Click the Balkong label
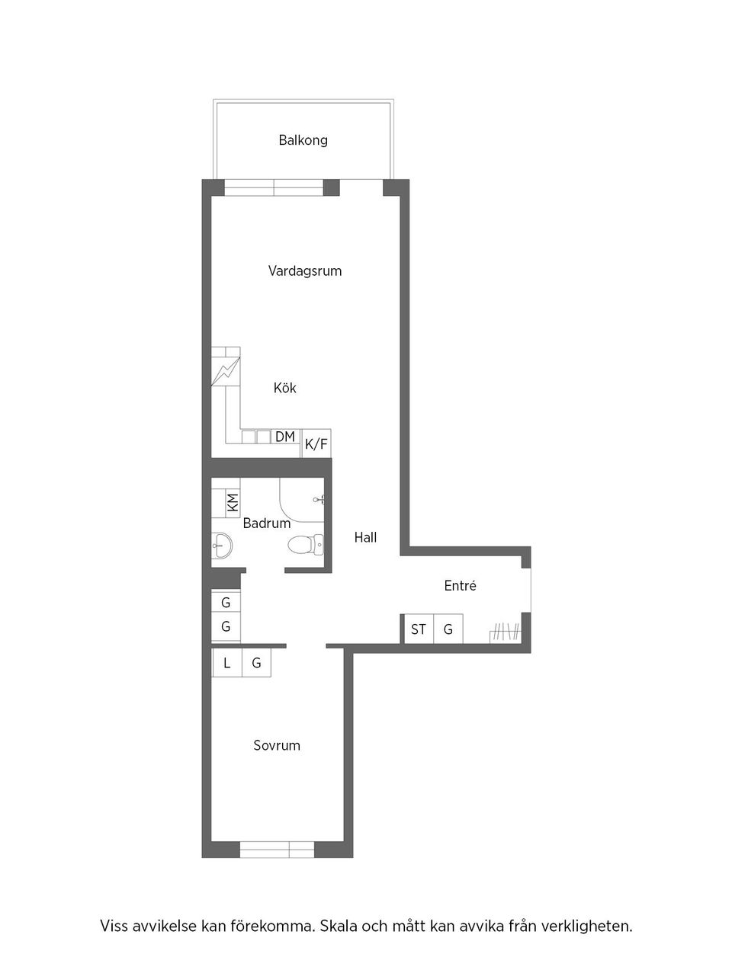[303, 140]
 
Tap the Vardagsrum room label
[304, 270]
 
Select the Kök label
[284, 388]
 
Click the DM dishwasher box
[285, 437]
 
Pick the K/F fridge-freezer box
[316, 443]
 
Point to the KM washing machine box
[233, 502]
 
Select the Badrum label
[266, 523]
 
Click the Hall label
[365, 537]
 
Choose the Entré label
[460, 586]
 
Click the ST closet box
[418, 629]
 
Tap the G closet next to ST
[448, 629]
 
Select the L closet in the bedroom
[226, 663]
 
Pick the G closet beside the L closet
[256, 663]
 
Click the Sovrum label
[277, 745]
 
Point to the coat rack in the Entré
[505, 632]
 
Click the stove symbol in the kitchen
[226, 373]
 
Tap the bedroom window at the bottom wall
[277, 849]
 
